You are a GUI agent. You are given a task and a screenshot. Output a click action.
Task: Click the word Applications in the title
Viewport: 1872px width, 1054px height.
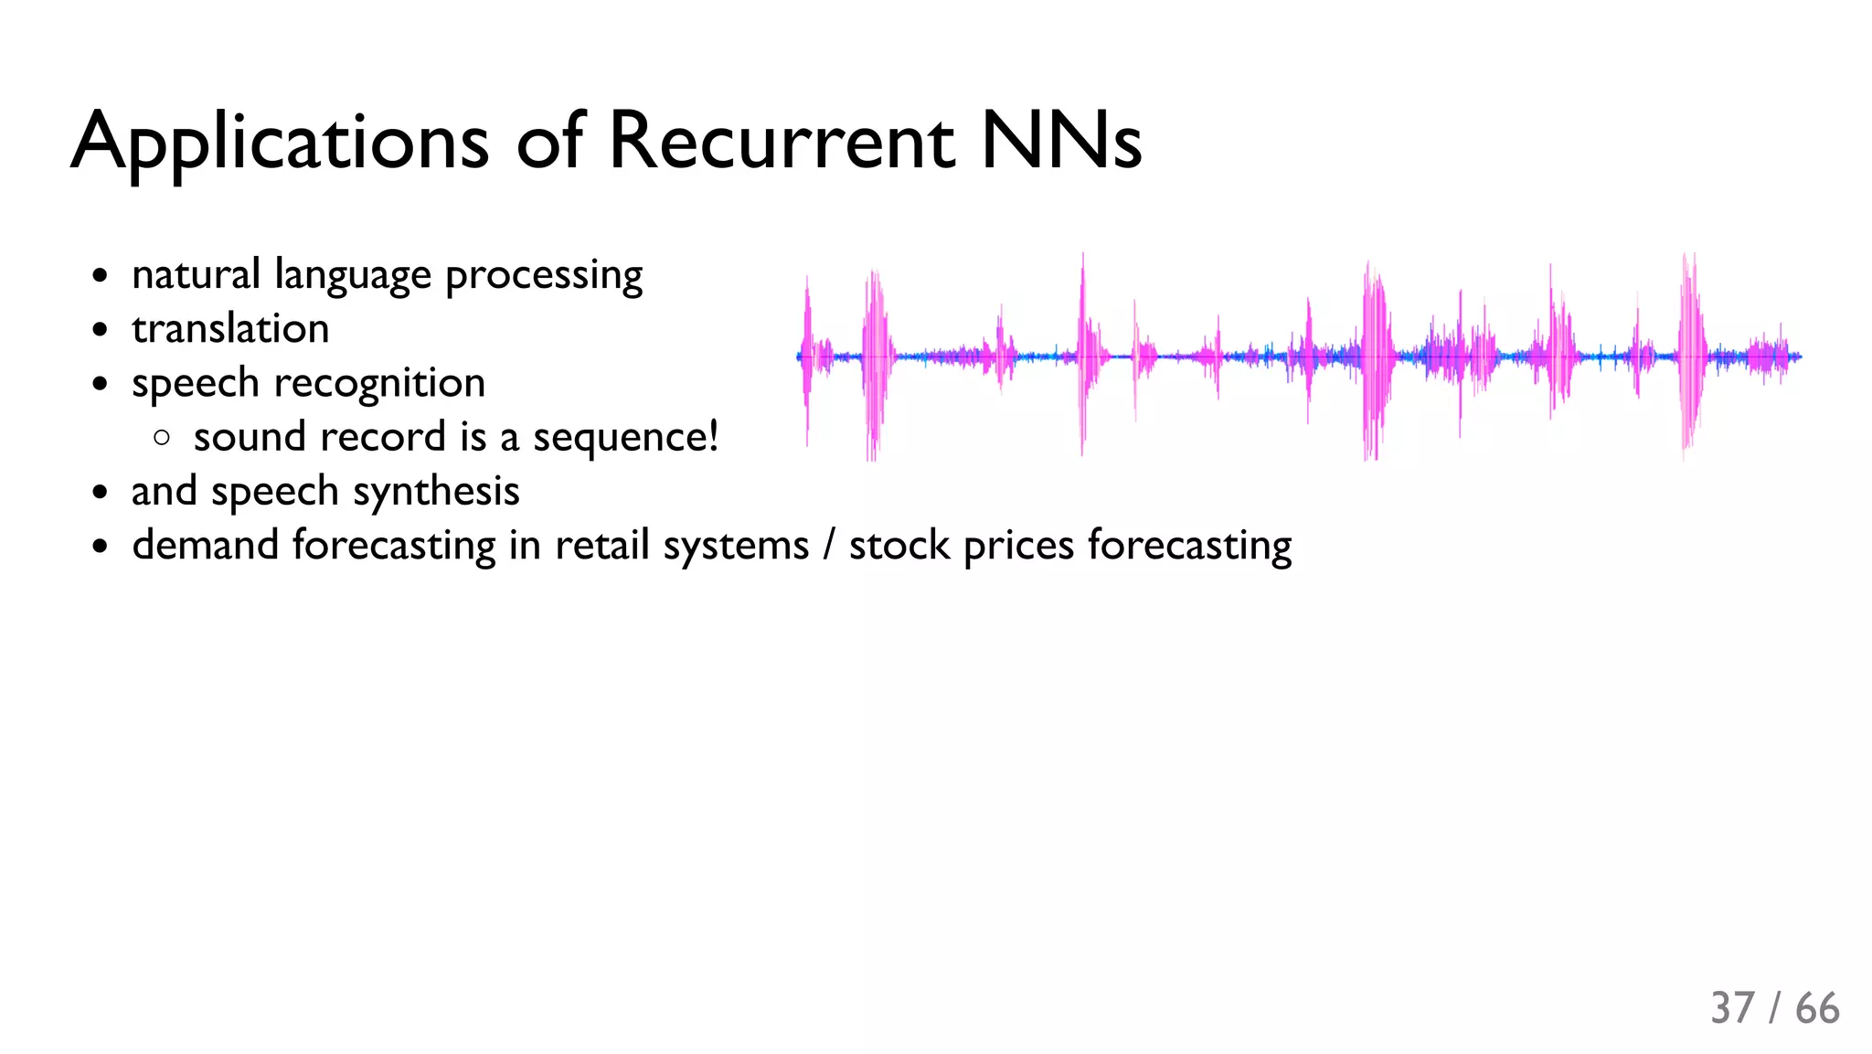[x=280, y=143]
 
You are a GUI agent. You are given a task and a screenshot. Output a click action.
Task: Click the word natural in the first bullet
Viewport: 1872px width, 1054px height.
[x=197, y=274]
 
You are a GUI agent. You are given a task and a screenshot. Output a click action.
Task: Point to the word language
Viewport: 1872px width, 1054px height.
[x=353, y=276]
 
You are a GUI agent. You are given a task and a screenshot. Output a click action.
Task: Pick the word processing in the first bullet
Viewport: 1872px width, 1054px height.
[x=544, y=276]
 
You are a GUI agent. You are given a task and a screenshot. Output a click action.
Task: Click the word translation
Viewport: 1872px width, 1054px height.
[x=230, y=328]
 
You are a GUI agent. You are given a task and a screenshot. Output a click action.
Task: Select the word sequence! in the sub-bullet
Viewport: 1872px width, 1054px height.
[x=626, y=438]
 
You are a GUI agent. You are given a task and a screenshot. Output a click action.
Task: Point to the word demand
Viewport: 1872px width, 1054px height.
[x=206, y=545]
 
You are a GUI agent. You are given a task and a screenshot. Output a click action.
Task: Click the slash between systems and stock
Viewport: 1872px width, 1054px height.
[x=829, y=546]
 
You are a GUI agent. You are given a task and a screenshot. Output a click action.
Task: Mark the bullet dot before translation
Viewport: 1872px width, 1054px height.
[x=101, y=330]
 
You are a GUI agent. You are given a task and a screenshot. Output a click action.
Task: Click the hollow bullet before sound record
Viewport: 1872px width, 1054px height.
[x=163, y=438]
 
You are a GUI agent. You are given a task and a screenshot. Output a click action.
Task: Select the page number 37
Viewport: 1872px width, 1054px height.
[x=1732, y=1008]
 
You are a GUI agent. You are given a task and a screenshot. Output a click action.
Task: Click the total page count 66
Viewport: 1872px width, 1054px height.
[x=1817, y=1008]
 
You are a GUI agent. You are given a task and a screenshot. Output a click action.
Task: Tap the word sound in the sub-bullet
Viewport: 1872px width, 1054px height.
[x=250, y=437]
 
